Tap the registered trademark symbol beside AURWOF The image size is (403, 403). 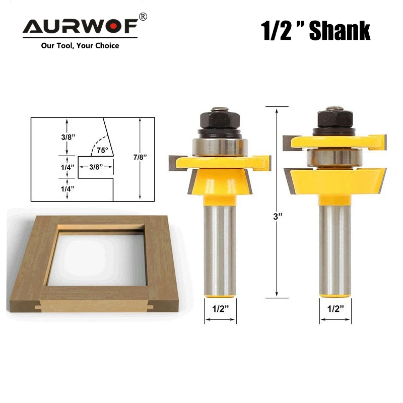point(143,17)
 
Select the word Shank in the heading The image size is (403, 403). point(340,31)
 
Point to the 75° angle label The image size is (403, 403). point(102,150)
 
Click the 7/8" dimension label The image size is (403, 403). point(140,157)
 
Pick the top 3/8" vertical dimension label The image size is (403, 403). point(68,137)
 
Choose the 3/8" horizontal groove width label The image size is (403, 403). point(96,167)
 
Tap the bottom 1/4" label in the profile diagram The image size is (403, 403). point(68,189)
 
